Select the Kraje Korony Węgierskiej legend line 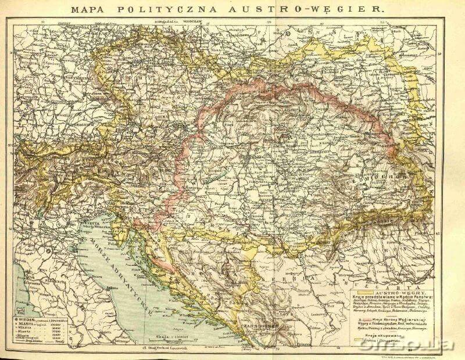401,318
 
